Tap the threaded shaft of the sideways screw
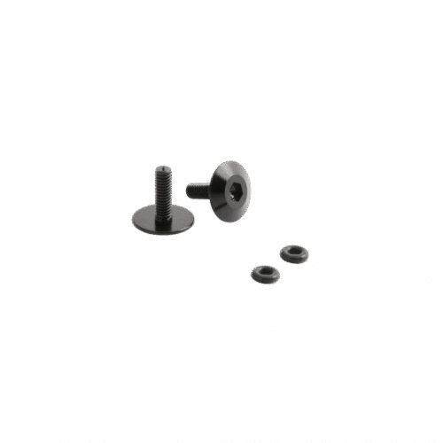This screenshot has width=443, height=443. coord(197,189)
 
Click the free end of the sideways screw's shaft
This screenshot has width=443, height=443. coord(187,189)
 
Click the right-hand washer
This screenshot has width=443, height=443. coord(292,254)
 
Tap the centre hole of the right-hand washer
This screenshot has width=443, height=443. coord(292,253)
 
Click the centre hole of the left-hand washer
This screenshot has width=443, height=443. coord(265,271)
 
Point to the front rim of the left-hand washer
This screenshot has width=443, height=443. coord(265,281)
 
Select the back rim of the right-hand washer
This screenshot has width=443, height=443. coord(292,246)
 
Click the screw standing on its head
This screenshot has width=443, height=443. coord(162,199)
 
